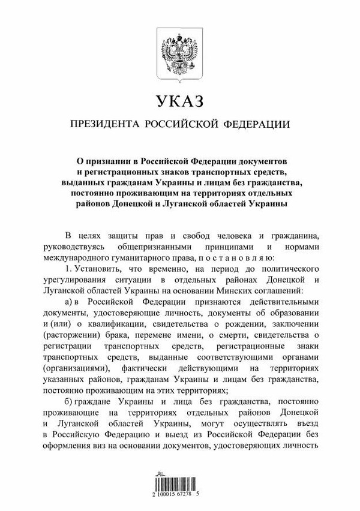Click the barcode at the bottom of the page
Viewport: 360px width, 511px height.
[x=180, y=484]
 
